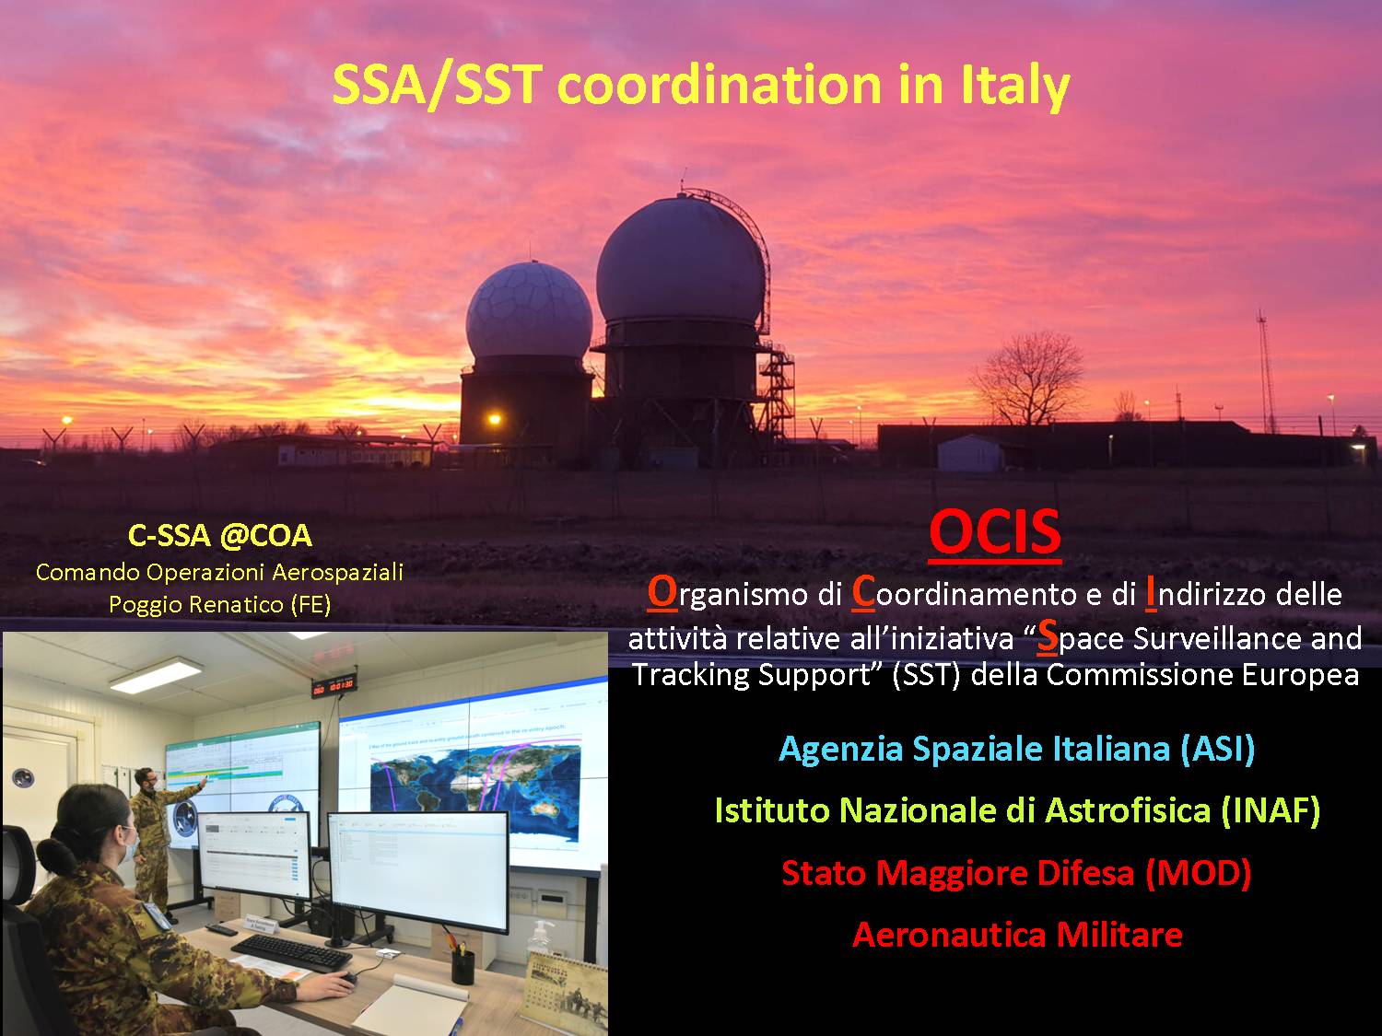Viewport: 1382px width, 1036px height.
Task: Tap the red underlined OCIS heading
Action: coord(995,532)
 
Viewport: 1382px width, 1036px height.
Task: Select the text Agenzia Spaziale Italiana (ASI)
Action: coord(1017,750)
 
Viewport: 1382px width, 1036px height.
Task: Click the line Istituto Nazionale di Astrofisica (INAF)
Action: coord(1017,810)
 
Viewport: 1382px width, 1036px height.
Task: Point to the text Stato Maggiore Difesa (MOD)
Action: coord(1016,873)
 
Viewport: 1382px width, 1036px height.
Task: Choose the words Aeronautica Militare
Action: coord(1017,934)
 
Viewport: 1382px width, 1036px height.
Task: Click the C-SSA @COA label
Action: coord(219,536)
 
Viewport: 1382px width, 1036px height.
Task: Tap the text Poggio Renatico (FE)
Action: coord(219,604)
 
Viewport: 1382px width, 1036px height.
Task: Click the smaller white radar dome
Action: coord(529,311)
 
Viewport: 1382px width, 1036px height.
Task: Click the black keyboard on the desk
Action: coord(291,951)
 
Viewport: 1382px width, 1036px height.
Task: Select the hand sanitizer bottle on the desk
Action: coord(539,939)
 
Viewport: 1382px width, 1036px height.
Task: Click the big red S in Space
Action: coord(1047,636)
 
